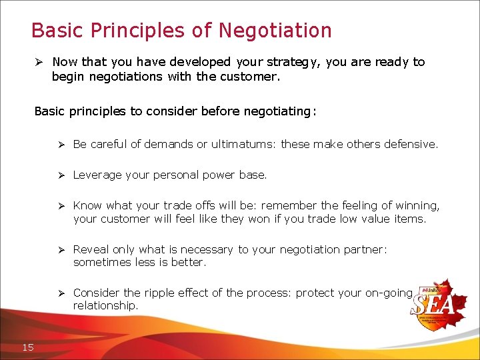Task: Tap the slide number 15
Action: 28,347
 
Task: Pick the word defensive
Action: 411,144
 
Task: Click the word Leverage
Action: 97,175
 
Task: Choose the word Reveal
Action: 91,249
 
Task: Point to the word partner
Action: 365,249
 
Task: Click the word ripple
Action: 159,293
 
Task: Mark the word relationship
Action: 105,305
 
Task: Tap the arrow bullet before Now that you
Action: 39,62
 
